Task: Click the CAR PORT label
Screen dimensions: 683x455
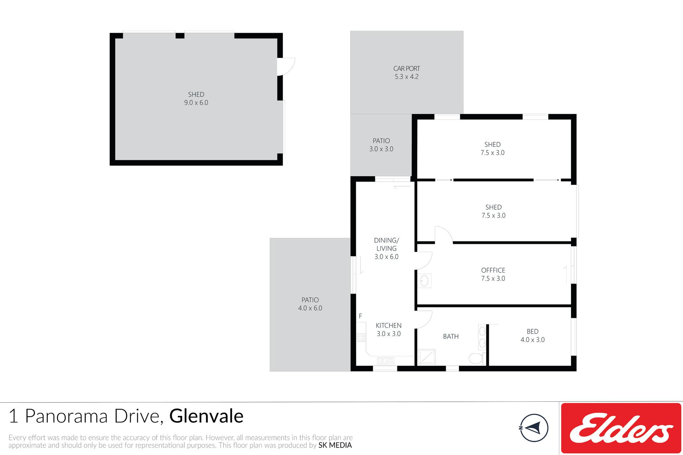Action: (407, 68)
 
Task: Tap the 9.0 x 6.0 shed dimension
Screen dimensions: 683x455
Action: (196, 103)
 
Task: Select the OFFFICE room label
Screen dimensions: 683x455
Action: (493, 270)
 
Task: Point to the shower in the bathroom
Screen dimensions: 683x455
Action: (426, 357)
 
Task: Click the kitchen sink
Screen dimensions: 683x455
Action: (386, 361)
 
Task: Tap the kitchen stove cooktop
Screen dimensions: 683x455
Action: (361, 337)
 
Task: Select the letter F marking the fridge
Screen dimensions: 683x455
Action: (360, 316)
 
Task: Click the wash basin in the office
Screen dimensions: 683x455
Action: (424, 281)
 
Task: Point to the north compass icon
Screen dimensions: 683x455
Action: (534, 428)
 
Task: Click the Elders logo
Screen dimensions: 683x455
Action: (621, 428)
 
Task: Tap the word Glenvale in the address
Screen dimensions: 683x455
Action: (206, 416)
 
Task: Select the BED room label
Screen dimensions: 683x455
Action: (533, 331)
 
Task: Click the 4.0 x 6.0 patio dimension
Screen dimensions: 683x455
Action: (310, 308)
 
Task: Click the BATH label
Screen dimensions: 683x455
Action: (451, 336)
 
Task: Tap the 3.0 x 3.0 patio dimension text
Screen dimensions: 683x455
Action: (381, 149)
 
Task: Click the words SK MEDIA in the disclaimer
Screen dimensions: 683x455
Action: (335, 445)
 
